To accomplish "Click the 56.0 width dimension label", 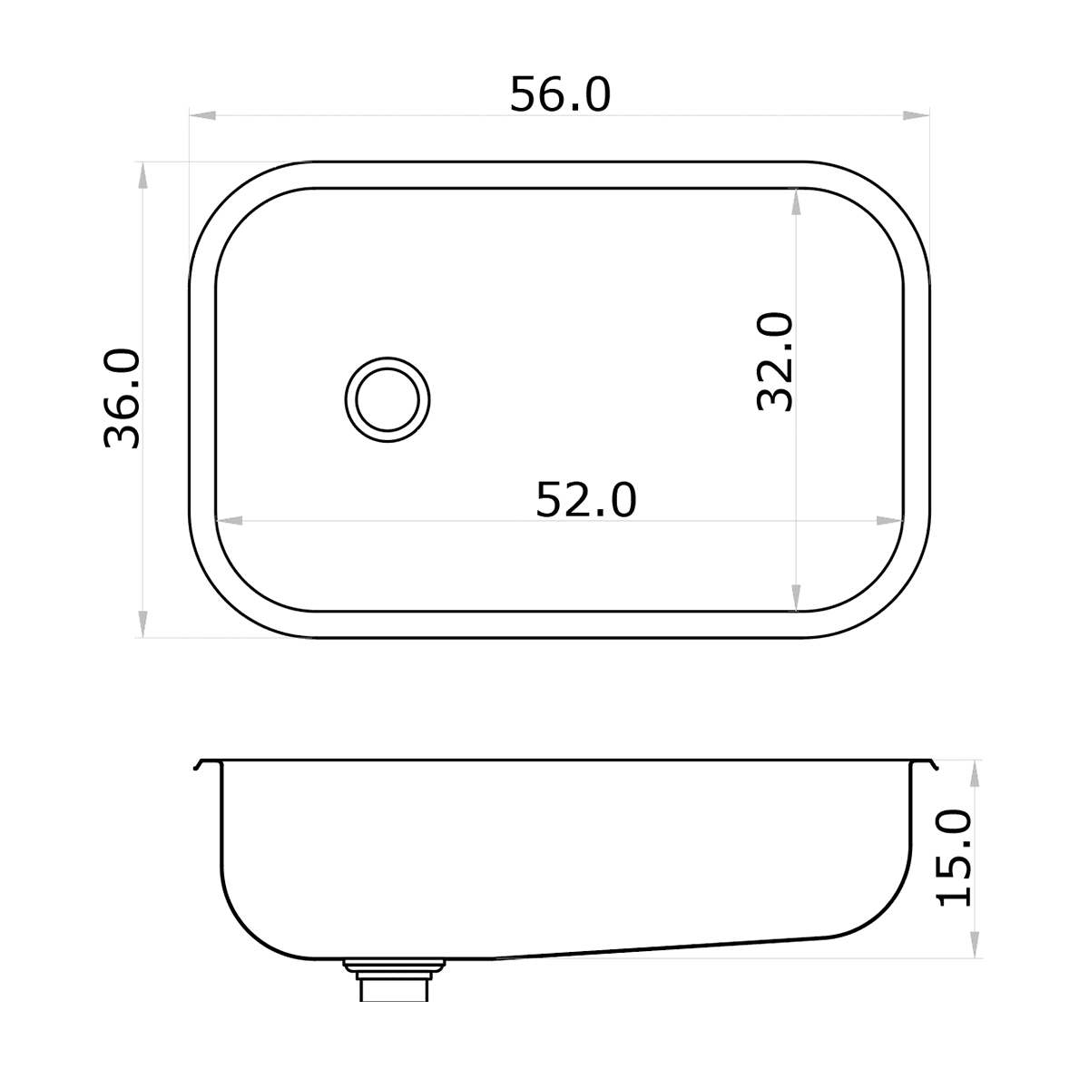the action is [x=560, y=95].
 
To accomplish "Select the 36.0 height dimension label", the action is [x=122, y=398].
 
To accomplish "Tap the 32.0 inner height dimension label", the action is [x=774, y=362].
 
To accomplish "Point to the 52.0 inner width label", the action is [x=586, y=500].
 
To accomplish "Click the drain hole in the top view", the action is [x=388, y=399].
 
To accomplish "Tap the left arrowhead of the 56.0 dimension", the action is [x=202, y=115].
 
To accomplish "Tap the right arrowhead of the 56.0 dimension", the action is [x=916, y=115].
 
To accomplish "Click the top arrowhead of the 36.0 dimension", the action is [x=142, y=175].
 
